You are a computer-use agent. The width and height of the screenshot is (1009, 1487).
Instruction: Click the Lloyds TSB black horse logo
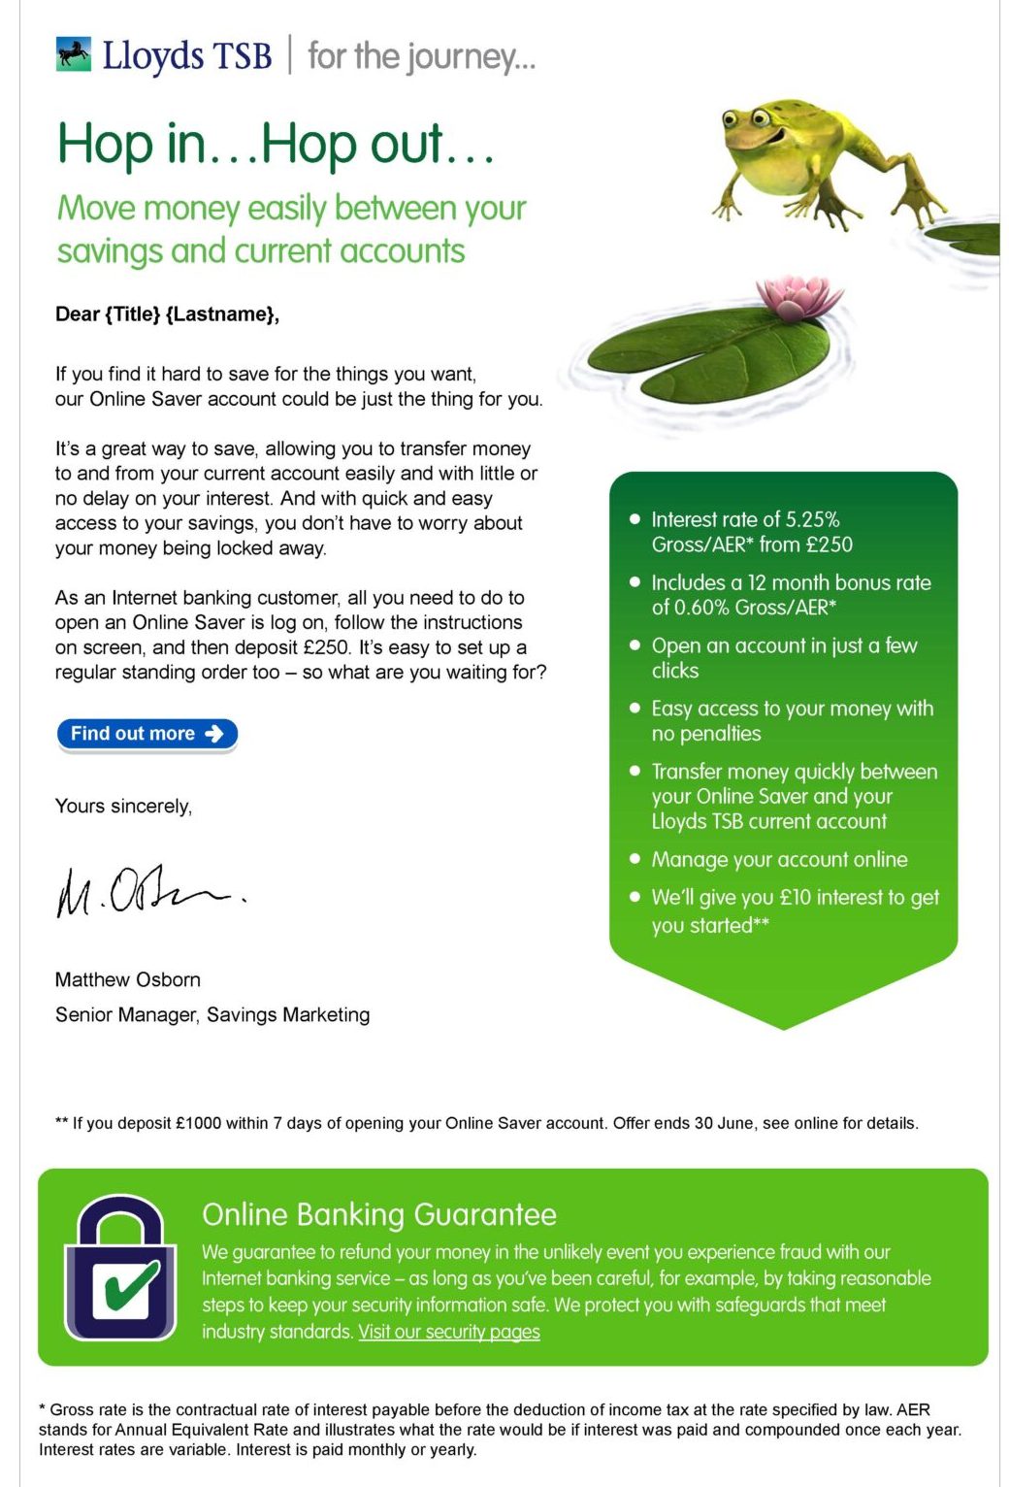pos(74,55)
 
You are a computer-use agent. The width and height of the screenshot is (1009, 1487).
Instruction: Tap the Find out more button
pos(146,734)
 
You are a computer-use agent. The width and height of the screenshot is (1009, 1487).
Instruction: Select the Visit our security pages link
pos(449,1332)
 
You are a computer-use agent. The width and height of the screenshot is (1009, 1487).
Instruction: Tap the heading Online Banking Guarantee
pos(379,1214)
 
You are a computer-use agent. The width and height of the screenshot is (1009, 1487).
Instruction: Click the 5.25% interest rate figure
pos(812,519)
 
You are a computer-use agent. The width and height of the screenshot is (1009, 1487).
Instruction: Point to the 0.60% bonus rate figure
pos(690,608)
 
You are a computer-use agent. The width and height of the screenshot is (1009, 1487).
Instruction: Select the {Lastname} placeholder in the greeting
pos(222,314)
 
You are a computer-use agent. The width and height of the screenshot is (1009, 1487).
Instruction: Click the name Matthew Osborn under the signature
pos(128,979)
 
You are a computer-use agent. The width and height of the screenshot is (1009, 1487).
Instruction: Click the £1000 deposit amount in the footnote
pos(198,1123)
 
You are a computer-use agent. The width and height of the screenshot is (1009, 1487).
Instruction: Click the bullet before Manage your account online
pos(635,859)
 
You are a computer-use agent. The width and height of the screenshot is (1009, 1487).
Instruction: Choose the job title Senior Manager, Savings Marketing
pos(212,1014)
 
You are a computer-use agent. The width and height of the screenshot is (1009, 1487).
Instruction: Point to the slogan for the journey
pos(421,56)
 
